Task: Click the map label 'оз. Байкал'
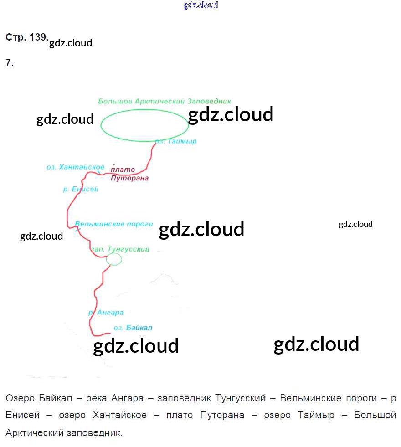133,328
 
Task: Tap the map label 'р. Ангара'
106,313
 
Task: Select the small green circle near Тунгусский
114,259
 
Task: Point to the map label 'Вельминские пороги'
113,224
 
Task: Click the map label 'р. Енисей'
81,189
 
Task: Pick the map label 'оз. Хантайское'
76,167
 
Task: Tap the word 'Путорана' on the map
130,178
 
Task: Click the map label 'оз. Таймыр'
175,141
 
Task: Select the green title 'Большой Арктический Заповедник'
165,101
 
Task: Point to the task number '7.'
10,63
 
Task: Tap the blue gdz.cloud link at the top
200,5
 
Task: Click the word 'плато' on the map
120,170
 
